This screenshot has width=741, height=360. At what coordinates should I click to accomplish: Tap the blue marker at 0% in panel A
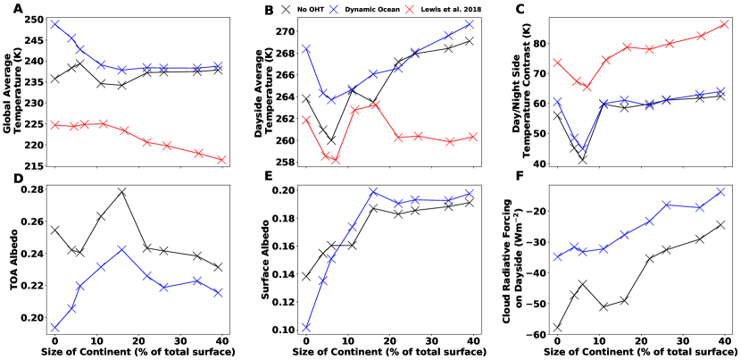pyautogui.click(x=54, y=24)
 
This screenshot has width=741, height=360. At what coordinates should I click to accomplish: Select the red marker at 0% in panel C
pyautogui.click(x=557, y=63)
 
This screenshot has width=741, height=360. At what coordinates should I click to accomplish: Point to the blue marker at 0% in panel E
pyautogui.click(x=307, y=327)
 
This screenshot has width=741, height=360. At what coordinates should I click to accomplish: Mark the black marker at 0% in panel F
pyautogui.click(x=557, y=328)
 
